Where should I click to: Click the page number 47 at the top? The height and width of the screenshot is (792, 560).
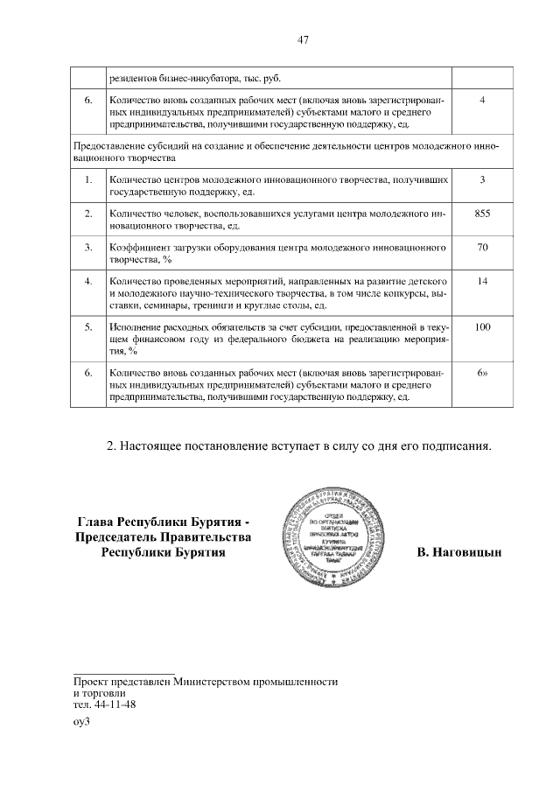(304, 39)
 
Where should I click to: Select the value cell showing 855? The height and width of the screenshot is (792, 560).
(481, 213)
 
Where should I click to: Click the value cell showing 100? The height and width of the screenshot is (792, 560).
(481, 326)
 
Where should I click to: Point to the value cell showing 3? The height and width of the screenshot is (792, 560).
(481, 179)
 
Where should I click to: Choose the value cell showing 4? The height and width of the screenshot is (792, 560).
(481, 100)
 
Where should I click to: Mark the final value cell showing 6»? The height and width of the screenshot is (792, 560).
(481, 373)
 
